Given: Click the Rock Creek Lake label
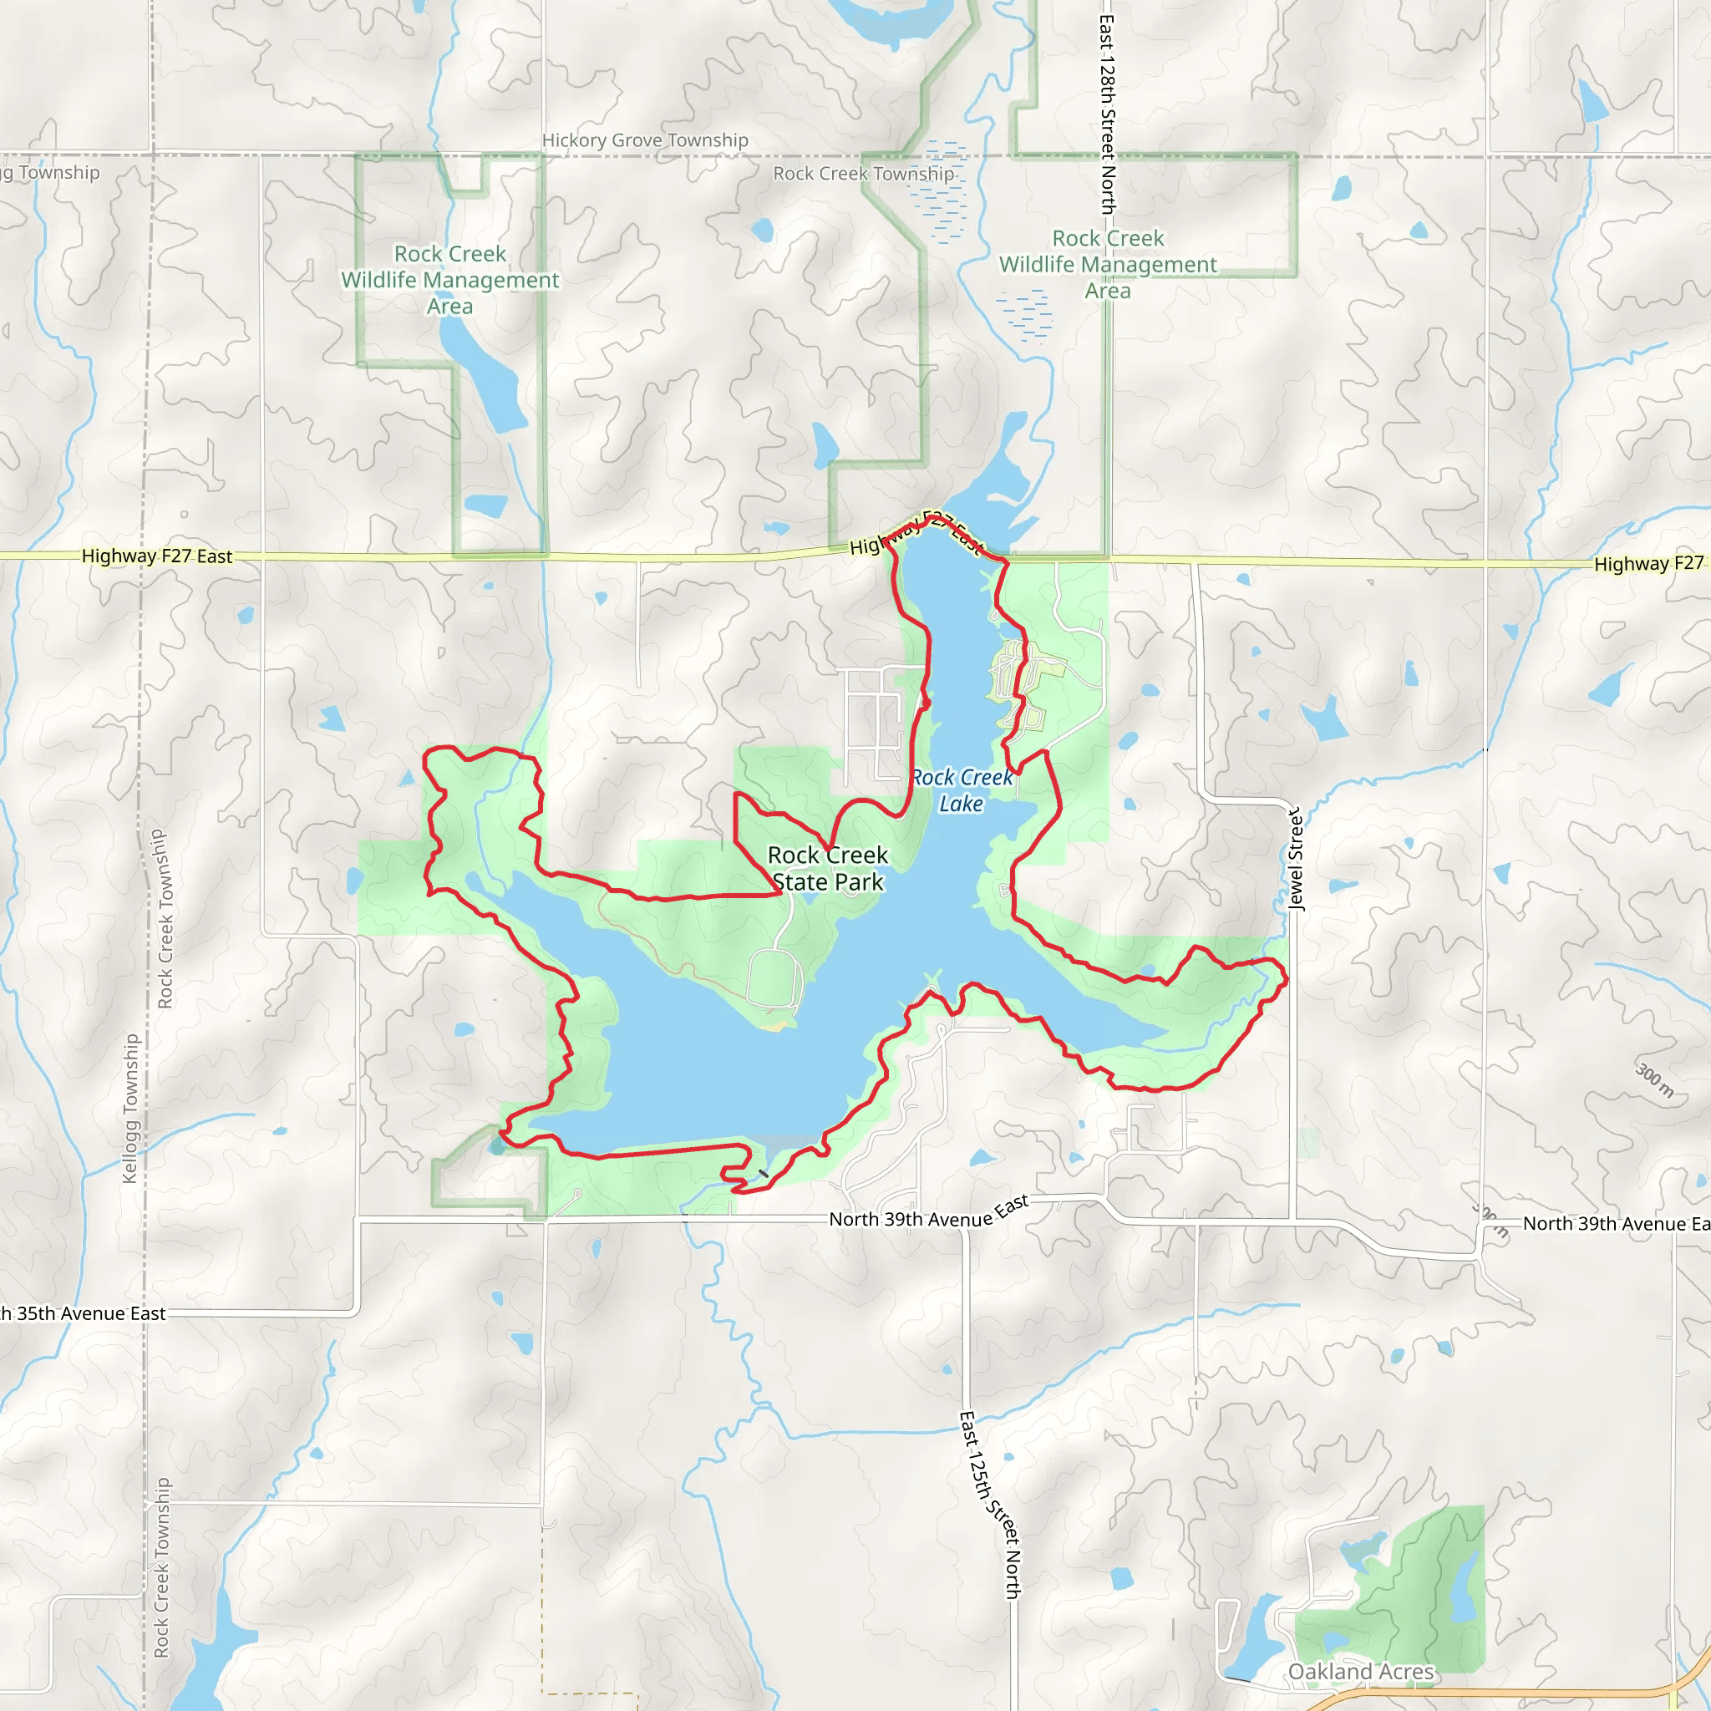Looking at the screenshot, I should pos(962,791).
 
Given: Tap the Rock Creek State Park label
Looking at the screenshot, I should pos(827,869).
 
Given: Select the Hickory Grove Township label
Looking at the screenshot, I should pos(645,140).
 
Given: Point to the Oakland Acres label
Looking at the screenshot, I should pos(1360,1671).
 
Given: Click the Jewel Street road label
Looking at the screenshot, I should pos(1296,859).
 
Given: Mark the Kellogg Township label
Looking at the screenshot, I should pos(131,1108).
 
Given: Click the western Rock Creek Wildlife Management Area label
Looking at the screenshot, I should pos(450,280).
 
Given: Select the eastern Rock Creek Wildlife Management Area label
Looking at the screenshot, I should pos(1108,264).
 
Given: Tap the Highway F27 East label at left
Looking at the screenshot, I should pos(157,556).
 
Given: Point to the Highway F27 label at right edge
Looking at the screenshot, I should pos(1648,564).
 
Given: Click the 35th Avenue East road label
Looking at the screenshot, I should pos(84,1313).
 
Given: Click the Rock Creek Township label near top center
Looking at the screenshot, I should pos(864,174).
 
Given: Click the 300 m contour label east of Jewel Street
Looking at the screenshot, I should pos(1653,1080).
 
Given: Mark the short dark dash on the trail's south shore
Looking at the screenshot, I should pos(764,1174).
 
